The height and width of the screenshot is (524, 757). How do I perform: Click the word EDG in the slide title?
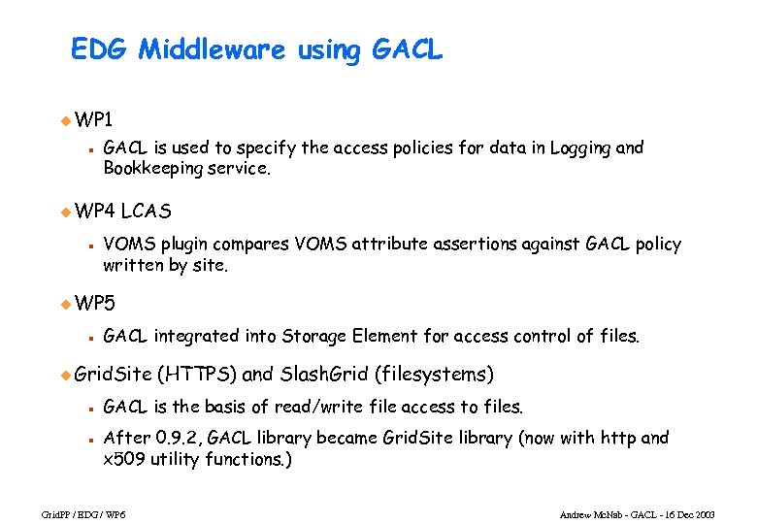pos(100,50)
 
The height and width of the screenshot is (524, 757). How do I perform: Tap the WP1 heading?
pos(94,120)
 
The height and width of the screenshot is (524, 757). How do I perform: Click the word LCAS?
pos(148,211)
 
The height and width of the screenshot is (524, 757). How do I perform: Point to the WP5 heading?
pos(94,304)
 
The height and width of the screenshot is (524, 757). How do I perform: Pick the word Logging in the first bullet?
pos(580,147)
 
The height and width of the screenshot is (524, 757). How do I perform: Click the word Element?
pos(384,337)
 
